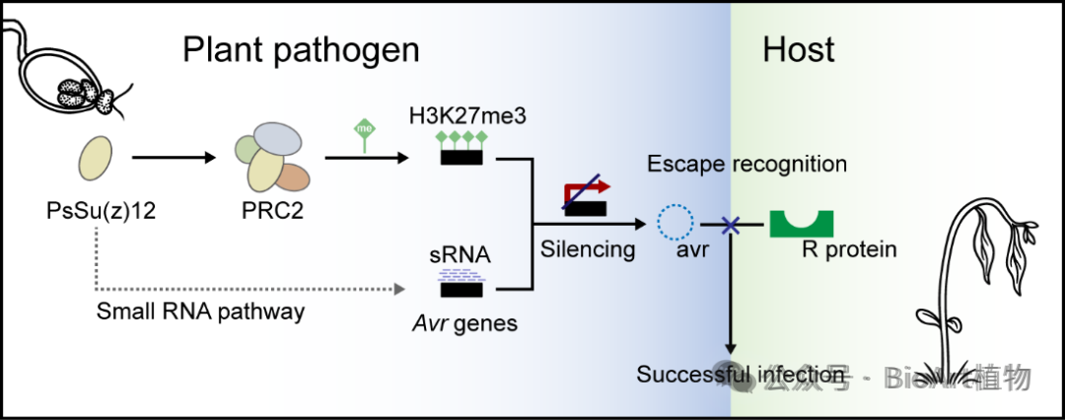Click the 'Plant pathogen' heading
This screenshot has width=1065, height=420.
coord(301,50)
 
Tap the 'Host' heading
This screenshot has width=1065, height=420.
coord(799,50)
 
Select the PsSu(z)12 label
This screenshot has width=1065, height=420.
coord(96,210)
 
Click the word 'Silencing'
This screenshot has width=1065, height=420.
coord(588,249)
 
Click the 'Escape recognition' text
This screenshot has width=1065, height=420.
coord(746,164)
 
